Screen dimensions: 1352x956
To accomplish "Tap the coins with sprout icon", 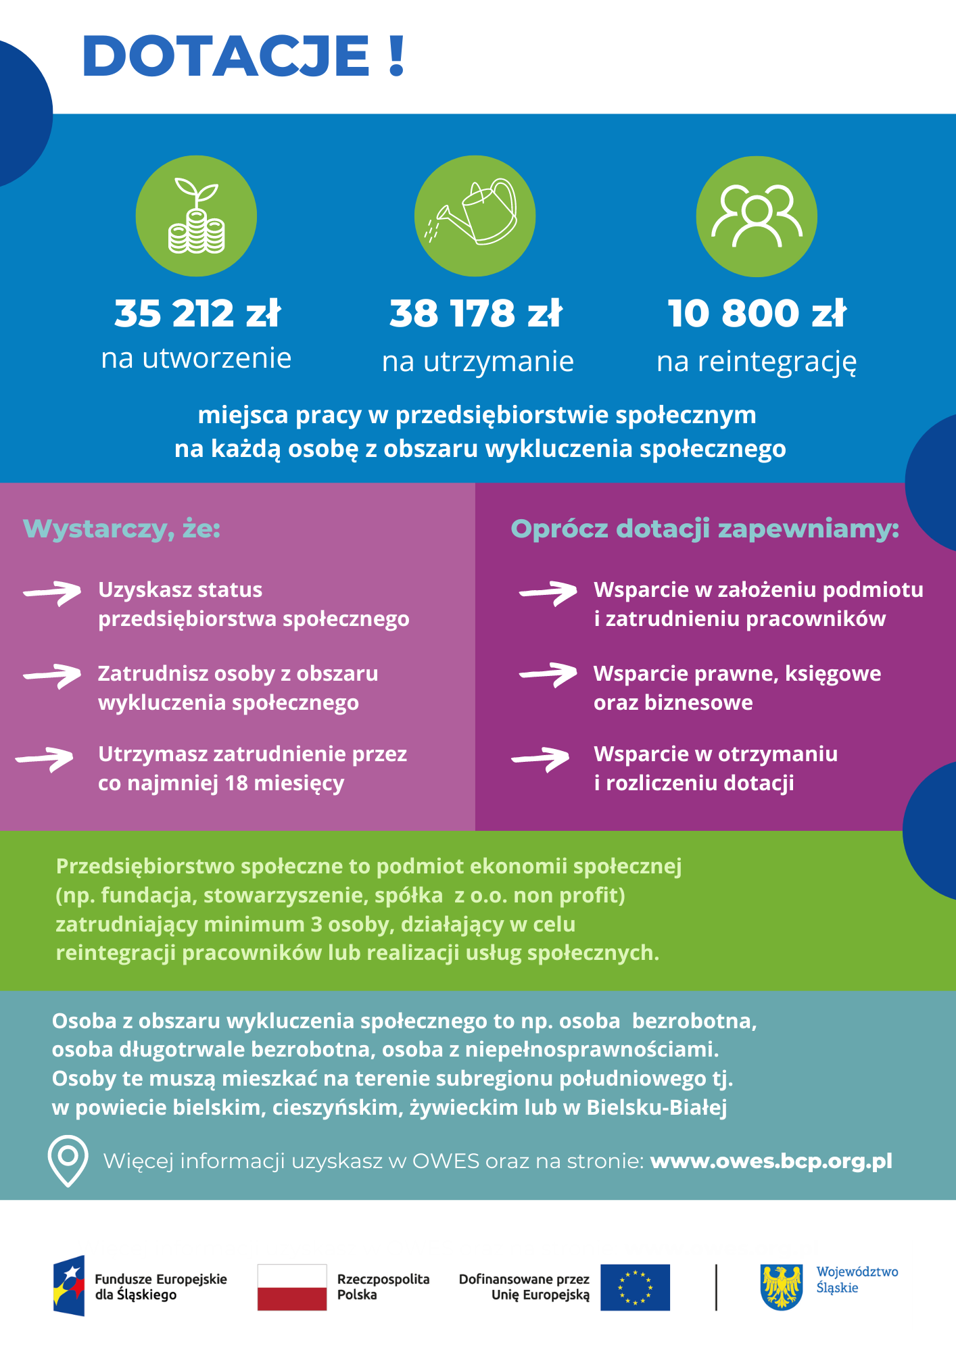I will tap(196, 216).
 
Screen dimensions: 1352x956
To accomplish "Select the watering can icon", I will tap(475, 216).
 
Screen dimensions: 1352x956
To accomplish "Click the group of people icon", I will tap(757, 216).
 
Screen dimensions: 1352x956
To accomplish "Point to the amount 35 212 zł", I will tap(197, 314).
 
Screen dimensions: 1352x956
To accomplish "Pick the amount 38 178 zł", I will tap(476, 314).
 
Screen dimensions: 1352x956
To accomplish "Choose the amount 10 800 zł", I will tap(757, 314).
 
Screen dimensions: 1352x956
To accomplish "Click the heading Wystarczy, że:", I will tap(122, 529).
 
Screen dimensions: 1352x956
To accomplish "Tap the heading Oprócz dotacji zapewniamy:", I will tap(704, 529).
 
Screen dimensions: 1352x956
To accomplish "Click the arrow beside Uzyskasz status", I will tap(52, 593).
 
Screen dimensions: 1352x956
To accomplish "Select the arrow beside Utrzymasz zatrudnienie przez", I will tap(45, 758).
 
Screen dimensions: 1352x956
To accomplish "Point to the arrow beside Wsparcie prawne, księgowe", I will tap(548, 674).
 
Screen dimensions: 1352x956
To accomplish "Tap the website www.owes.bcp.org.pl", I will tap(771, 1161).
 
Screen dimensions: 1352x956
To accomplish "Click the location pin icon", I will tap(68, 1160).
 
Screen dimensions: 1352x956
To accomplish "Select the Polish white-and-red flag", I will tap(292, 1287).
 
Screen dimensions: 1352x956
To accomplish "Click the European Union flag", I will tap(635, 1287).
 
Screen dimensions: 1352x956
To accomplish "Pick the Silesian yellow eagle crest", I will tap(782, 1287).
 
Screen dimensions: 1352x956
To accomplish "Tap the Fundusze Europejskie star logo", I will tap(70, 1286).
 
